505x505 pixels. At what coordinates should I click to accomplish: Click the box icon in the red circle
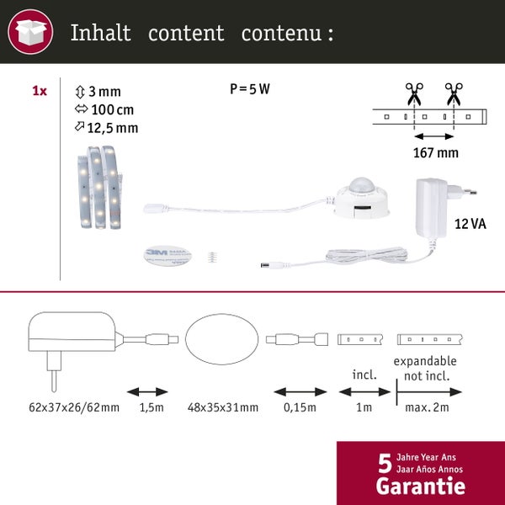(x=30, y=33)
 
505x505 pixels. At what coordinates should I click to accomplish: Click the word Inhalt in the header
(x=100, y=34)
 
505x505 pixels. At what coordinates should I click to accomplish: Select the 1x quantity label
(x=39, y=91)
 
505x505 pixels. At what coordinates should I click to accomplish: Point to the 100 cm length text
(x=110, y=109)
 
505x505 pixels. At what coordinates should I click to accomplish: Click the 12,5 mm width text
(x=112, y=128)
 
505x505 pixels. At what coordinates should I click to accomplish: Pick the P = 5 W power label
(x=250, y=89)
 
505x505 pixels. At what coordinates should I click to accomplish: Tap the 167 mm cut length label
(x=435, y=152)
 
